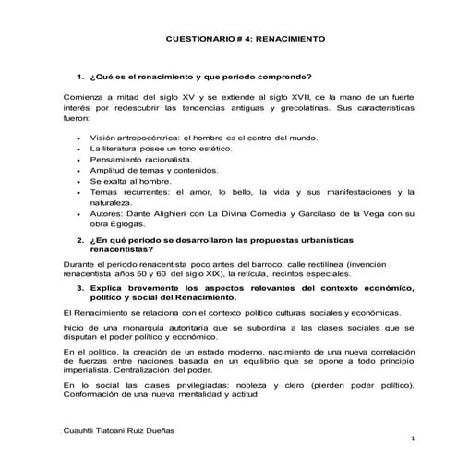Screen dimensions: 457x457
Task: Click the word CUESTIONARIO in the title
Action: [197, 42]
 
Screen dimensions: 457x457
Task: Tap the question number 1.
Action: [80, 76]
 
